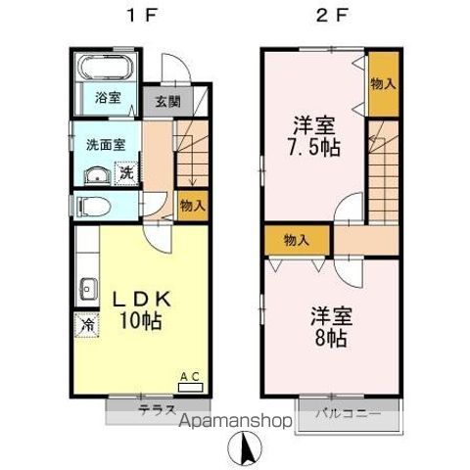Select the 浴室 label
point(108,98)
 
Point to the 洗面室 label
point(103,145)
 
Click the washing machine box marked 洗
point(126,173)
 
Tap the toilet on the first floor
point(95,207)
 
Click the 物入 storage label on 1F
point(192,206)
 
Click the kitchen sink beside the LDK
point(86,289)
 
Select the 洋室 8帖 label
point(331,326)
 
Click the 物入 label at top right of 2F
point(383,83)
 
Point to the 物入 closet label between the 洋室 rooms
point(297,238)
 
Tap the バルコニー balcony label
point(347,411)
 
